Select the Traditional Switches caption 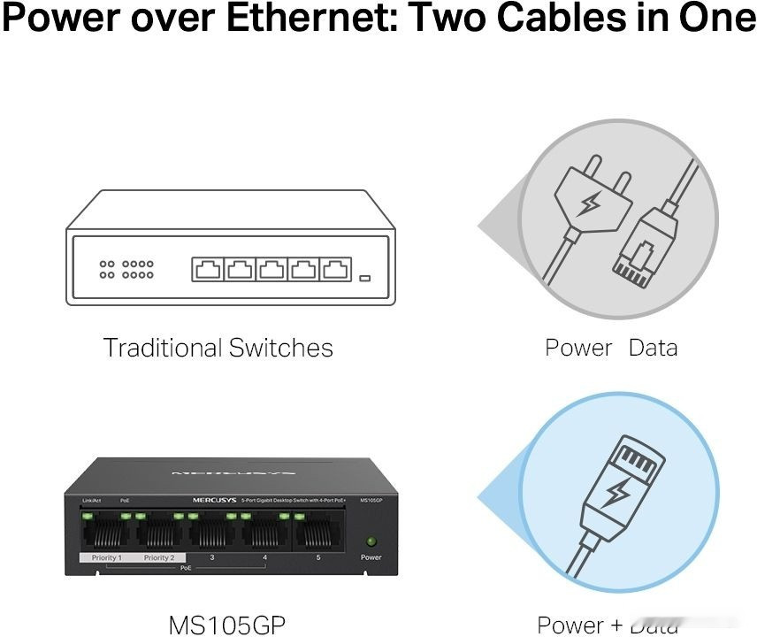[218, 348]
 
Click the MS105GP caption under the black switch [227, 624]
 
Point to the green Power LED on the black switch [371, 541]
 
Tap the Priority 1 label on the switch [107, 558]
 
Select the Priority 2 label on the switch [159, 558]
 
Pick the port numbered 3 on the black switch [212, 533]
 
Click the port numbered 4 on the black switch [265, 533]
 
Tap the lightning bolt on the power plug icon [587, 206]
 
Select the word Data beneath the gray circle [653, 348]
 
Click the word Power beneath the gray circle [578, 348]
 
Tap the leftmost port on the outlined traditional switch [207, 269]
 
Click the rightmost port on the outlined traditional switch [333, 269]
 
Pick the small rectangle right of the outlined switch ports [364, 279]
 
